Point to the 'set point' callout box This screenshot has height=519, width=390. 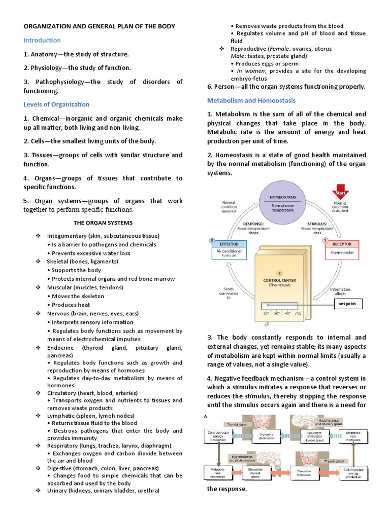click(x=348, y=304)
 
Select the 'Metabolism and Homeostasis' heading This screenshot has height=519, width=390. click(x=251, y=100)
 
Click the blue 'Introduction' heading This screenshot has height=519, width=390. click(x=42, y=40)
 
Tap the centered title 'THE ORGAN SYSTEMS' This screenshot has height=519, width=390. click(x=103, y=223)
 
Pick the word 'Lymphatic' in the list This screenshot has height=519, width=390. click(x=60, y=415)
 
